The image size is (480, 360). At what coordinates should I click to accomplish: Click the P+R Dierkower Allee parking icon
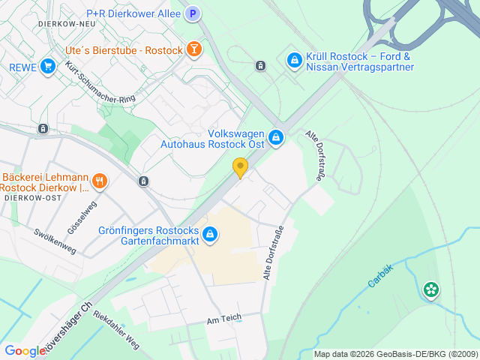click(193, 13)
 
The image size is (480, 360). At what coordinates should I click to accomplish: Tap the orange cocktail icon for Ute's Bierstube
click(194, 49)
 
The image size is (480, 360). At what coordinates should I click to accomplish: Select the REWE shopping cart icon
click(49, 67)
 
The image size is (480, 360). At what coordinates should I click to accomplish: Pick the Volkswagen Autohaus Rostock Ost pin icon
click(277, 137)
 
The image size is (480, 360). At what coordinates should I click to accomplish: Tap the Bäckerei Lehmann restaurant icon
click(100, 181)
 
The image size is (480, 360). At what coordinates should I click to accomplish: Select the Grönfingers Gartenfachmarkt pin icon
click(211, 235)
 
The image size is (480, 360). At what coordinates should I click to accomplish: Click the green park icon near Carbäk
click(430, 289)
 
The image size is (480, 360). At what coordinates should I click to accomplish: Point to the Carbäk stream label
click(380, 277)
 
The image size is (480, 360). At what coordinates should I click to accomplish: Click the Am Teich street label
click(225, 318)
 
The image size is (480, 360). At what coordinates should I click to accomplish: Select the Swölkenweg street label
click(55, 239)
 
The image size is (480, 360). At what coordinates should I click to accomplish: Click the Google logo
click(25, 351)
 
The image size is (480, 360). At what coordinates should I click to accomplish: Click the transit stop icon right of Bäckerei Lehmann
click(144, 181)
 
